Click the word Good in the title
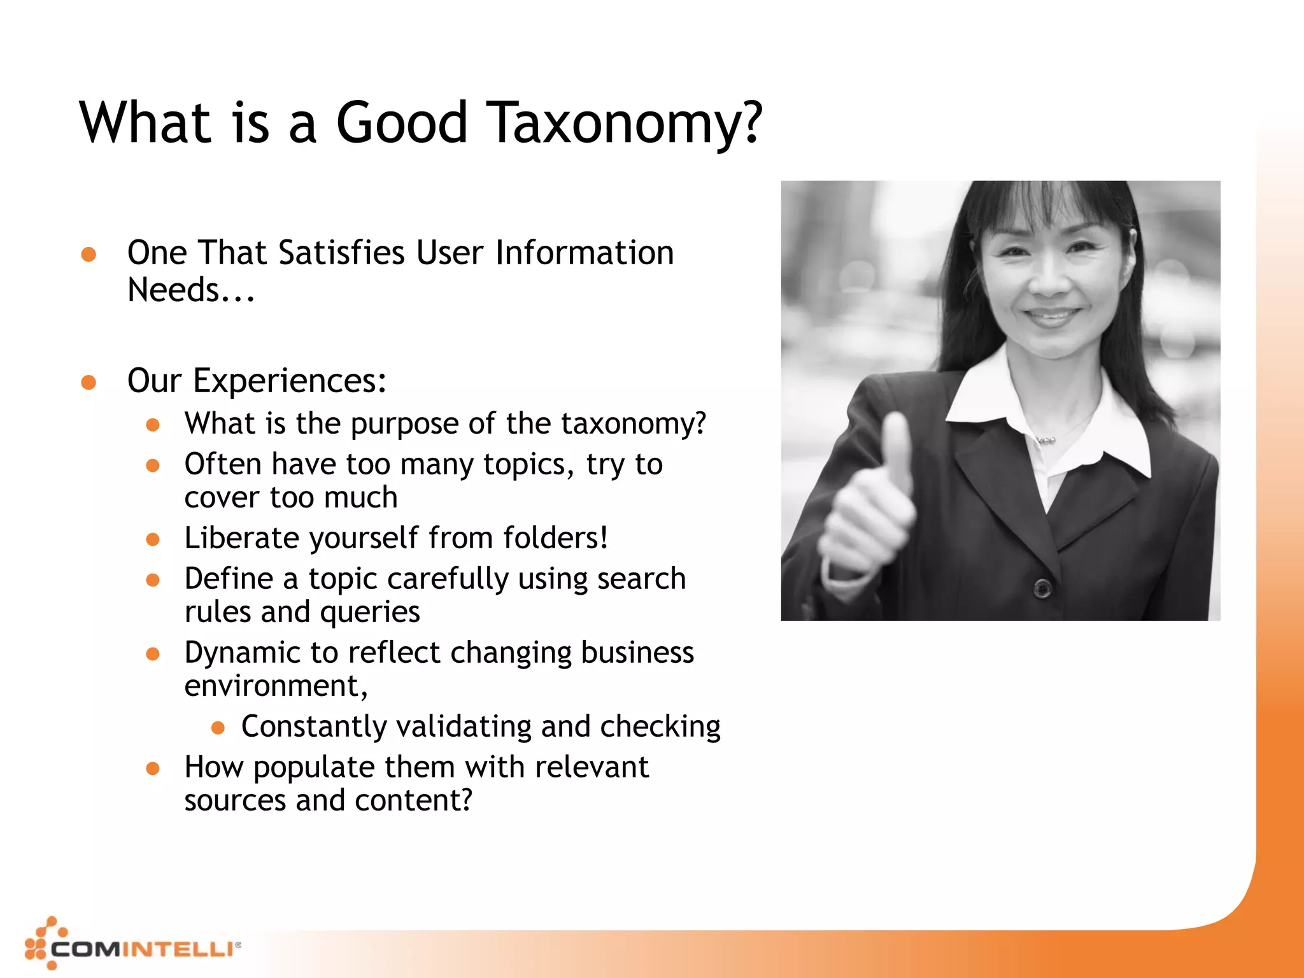pyautogui.click(x=402, y=122)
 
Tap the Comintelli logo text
pyautogui.click(x=141, y=949)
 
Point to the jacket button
pyautogui.click(x=1042, y=588)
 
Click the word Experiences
pyautogui.click(x=289, y=381)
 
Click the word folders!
pyautogui.click(x=555, y=538)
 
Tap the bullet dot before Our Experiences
pyautogui.click(x=89, y=382)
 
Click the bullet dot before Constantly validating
pyautogui.click(x=218, y=727)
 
